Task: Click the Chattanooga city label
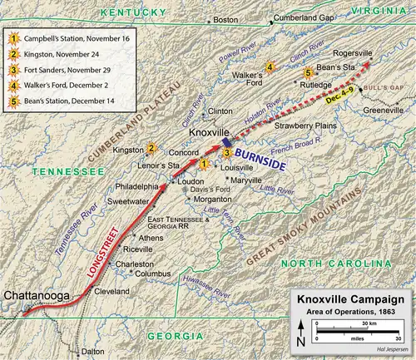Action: pyautogui.click(x=37, y=295)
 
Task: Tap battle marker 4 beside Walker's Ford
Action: pyautogui.click(x=268, y=67)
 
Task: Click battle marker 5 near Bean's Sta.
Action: pyautogui.click(x=309, y=72)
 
